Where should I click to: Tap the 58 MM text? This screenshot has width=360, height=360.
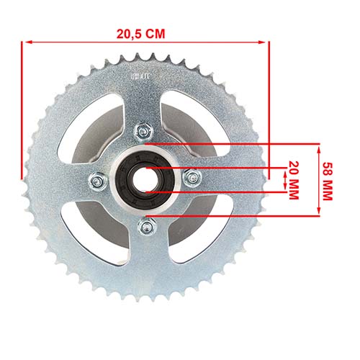pyautogui.click(x=328, y=179)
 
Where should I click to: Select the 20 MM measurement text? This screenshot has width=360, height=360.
pyautogui.click(x=294, y=179)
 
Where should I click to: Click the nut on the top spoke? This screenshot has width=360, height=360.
pyautogui.click(x=143, y=132)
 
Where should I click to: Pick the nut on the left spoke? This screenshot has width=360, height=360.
pyautogui.click(x=96, y=181)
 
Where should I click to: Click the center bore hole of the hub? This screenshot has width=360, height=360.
pyautogui.click(x=144, y=179)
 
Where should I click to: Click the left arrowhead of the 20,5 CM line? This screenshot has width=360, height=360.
pyautogui.click(x=26, y=42)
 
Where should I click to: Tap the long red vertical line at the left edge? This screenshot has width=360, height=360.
pyautogui.click(x=22, y=108)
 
